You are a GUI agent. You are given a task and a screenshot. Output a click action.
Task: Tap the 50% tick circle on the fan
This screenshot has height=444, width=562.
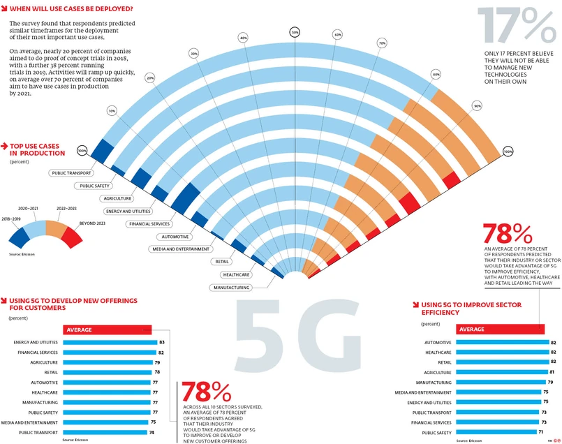pyautogui.click(x=295, y=32)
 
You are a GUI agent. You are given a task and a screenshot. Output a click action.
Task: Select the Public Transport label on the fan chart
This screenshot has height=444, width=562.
pyautogui.click(x=69, y=172)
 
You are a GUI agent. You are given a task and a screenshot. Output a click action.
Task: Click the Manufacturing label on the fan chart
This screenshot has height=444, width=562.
pyautogui.click(x=232, y=288)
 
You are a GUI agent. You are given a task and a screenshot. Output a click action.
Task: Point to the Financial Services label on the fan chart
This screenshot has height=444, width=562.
pyautogui.click(x=149, y=224)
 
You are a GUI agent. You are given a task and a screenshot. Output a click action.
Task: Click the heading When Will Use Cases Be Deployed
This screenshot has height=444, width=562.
pyautogui.click(x=72, y=10)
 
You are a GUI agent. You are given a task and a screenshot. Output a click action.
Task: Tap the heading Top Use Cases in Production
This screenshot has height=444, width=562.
pyautogui.click(x=38, y=149)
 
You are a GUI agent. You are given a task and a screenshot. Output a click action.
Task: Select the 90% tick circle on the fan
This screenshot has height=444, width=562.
pyautogui.click(x=477, y=106)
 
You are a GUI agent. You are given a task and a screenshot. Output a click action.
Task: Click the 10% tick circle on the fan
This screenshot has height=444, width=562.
pyautogui.click(x=112, y=111)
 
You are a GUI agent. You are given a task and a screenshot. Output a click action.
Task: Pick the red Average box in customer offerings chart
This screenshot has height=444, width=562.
pyautogui.click(x=108, y=330)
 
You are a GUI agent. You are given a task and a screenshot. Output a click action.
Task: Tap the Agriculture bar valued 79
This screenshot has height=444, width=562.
pyautogui.click(x=108, y=362)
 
